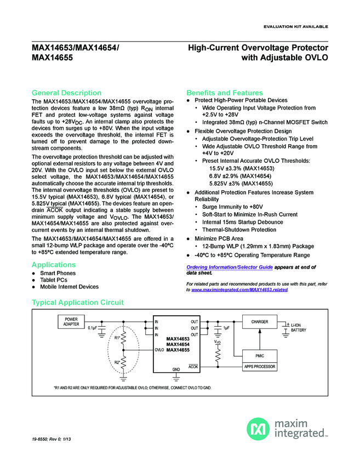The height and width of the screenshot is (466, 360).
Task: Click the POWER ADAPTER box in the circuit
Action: point(71,321)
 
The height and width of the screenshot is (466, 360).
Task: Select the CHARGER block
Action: point(259,322)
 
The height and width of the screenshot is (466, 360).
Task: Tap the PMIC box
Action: point(259,356)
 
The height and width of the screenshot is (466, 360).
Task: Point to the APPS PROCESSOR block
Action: point(259,366)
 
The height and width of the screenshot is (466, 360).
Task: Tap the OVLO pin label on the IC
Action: point(159,349)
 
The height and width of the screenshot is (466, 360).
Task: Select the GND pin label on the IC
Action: point(176,370)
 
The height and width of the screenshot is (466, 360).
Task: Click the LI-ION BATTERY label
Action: point(299,327)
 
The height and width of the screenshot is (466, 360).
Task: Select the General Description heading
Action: point(66,93)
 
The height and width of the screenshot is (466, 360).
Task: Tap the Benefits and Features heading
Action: point(225,93)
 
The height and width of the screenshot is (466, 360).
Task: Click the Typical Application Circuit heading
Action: point(78,302)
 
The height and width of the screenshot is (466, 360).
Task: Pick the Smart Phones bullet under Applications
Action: point(58,273)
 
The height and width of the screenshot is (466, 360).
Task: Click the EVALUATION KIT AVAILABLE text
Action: point(296,27)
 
